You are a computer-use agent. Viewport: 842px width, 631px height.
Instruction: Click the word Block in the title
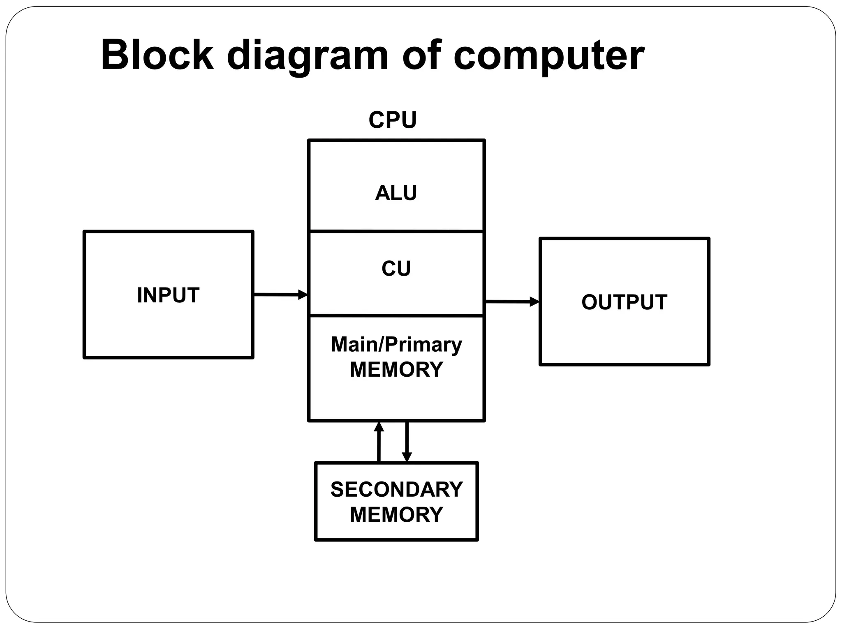point(157,55)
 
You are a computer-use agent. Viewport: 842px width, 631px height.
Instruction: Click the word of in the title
point(421,55)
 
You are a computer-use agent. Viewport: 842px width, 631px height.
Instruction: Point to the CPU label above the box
point(393,120)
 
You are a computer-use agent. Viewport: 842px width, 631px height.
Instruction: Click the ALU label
point(396,193)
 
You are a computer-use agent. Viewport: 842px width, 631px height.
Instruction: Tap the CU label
point(396,269)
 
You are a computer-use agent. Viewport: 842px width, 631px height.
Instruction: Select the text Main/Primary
point(396,344)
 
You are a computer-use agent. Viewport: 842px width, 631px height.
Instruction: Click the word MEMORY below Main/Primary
point(396,369)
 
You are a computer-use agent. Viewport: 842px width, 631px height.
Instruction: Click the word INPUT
point(168,295)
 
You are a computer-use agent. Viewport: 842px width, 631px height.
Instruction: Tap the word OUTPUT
point(624,302)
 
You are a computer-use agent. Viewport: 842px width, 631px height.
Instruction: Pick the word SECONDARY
point(396,489)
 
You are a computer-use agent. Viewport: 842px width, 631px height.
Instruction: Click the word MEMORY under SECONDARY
point(396,514)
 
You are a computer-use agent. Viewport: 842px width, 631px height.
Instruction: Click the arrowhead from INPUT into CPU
point(303,295)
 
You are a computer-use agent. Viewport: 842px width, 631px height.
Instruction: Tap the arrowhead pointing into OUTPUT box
point(534,302)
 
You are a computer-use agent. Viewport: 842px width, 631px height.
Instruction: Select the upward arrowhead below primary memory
point(379,427)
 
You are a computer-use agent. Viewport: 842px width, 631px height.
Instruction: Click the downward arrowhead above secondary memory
point(407,457)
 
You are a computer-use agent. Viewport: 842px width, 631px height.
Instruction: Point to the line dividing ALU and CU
point(396,231)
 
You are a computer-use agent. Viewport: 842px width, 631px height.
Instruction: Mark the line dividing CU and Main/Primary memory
point(396,315)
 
